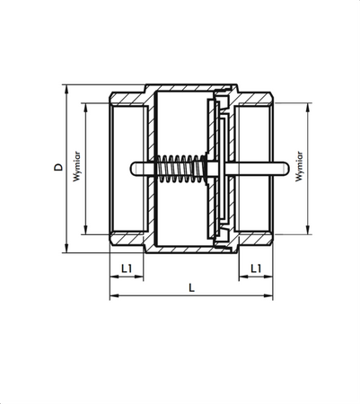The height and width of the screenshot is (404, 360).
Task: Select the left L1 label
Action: point(127,268)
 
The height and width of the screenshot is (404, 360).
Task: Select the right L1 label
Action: point(256,268)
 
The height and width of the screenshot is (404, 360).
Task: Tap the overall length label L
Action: point(191,288)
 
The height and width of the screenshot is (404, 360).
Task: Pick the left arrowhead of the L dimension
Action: point(112,296)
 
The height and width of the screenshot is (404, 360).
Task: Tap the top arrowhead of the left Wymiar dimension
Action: point(86,105)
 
